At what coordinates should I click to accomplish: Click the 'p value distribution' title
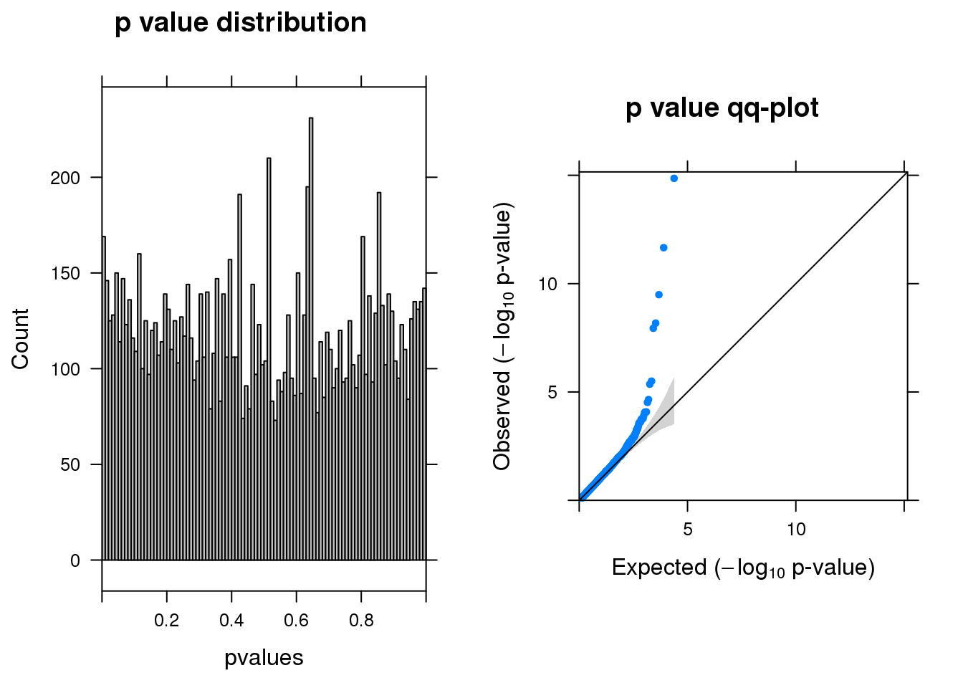pos(241,23)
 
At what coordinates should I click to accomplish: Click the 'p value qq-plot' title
pos(722,108)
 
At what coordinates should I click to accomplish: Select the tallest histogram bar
pos(311,337)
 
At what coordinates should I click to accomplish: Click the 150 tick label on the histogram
pos(65,274)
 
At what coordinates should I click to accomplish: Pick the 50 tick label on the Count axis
pos(70,465)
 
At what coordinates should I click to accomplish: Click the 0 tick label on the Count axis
pos(75,561)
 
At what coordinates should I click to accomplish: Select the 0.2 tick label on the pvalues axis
pos(167,621)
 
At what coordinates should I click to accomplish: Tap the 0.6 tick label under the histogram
pos(296,621)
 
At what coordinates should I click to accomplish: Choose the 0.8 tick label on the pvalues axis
pos(361,621)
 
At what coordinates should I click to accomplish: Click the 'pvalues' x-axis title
pos(264,658)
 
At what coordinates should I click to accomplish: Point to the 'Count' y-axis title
pos(20,339)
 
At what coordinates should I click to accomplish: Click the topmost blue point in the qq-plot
pos(674,178)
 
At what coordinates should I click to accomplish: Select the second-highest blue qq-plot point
pos(663,248)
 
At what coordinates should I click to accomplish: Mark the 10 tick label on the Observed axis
pos(547,285)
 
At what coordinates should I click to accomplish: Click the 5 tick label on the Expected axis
pos(688,530)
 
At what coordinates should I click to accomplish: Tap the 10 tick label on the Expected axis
pos(796,530)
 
